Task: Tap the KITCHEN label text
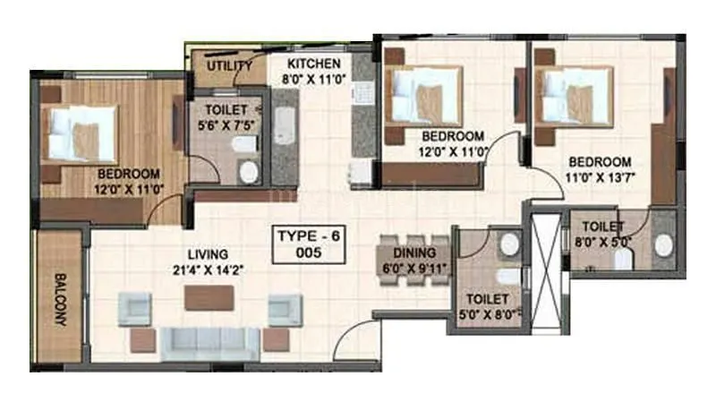point(312,64)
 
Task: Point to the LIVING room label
point(207,254)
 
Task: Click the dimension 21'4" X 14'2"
point(207,269)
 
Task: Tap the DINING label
point(413,253)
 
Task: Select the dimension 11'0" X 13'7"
point(600,176)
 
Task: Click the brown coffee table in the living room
point(209,298)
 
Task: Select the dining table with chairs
point(413,260)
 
